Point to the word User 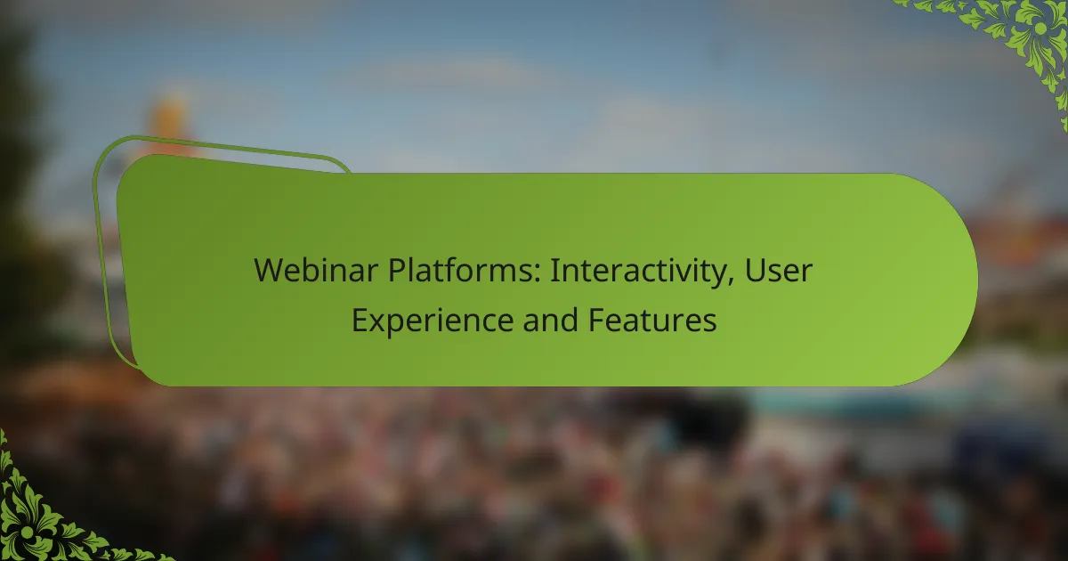coord(778,271)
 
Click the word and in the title coord(551,320)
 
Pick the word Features coord(652,320)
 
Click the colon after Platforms coord(537,273)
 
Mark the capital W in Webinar coord(270,271)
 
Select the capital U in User coord(756,271)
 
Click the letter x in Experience coord(381,323)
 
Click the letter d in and coord(569,320)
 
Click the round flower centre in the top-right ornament coord(1040,28)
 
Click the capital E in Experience coord(360,320)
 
